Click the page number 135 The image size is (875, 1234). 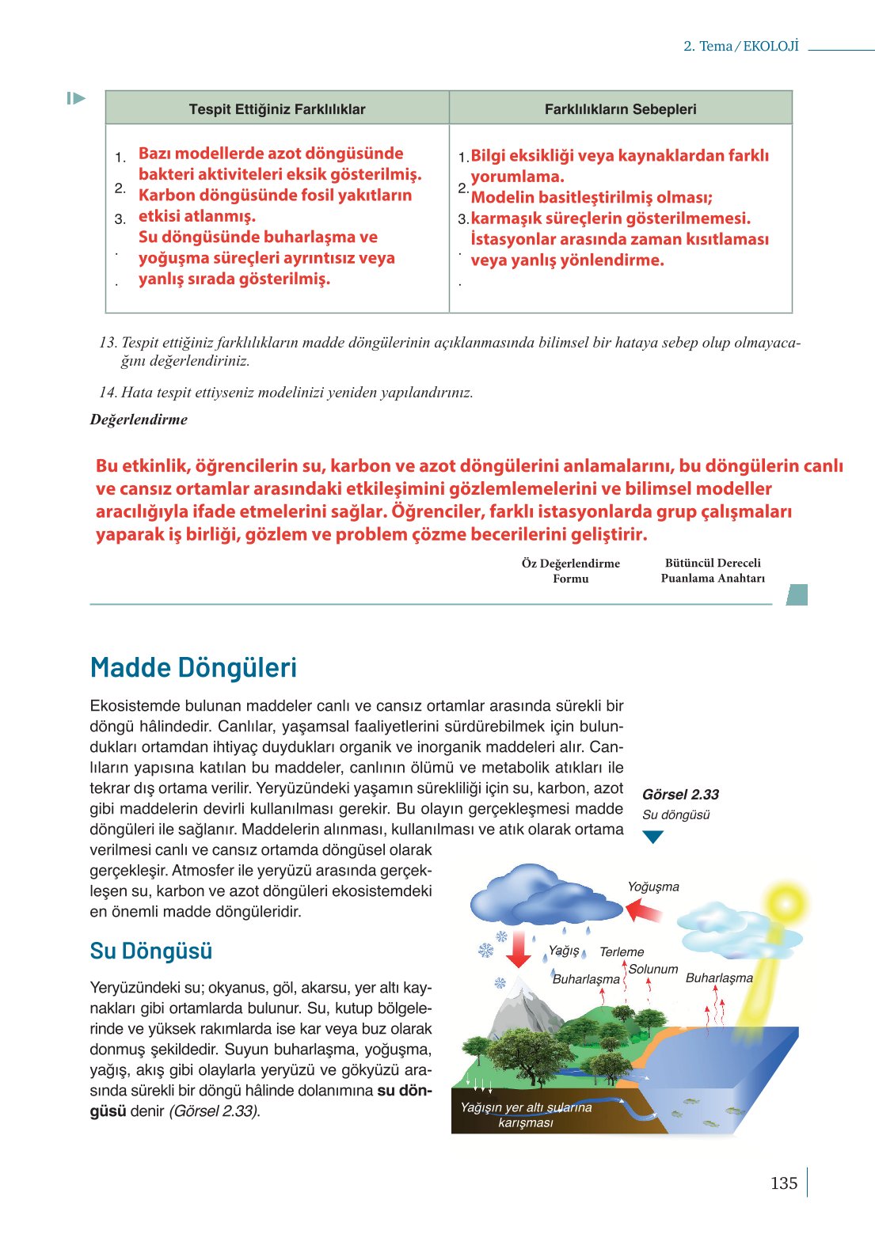coord(783,1183)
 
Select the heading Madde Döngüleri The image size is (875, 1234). coord(193,667)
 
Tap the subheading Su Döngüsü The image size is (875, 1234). coord(150,951)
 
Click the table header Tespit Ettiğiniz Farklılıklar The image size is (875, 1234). coord(277,109)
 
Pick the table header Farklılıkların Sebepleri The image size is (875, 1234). coord(620,109)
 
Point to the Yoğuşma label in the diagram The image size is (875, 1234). coord(653,887)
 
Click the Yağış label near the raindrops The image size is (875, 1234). coord(564,950)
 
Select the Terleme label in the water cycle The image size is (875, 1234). coord(622,951)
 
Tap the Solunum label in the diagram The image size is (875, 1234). coord(653,969)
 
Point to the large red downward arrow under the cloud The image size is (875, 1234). coord(519,948)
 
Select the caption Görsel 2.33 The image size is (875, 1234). coord(680,795)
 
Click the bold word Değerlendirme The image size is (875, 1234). coord(139,420)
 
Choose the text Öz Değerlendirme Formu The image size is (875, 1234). coord(570,571)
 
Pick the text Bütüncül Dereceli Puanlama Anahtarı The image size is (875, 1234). coord(713,570)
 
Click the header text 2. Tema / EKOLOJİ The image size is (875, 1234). coord(741,46)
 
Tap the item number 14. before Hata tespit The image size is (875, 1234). coord(108,393)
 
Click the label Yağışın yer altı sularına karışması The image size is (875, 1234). coord(526,1114)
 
